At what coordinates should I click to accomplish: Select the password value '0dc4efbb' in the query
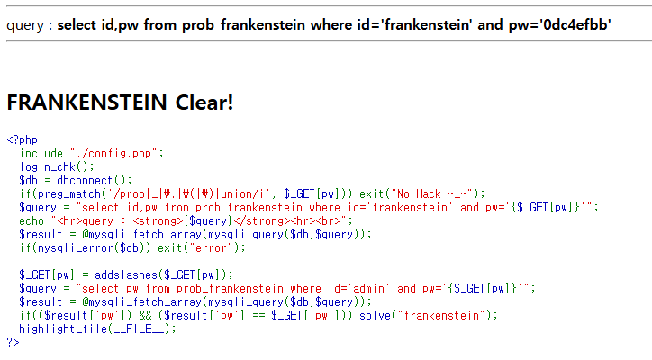[578, 24]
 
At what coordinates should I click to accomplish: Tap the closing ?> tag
[13, 342]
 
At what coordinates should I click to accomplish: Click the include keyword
[41, 153]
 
